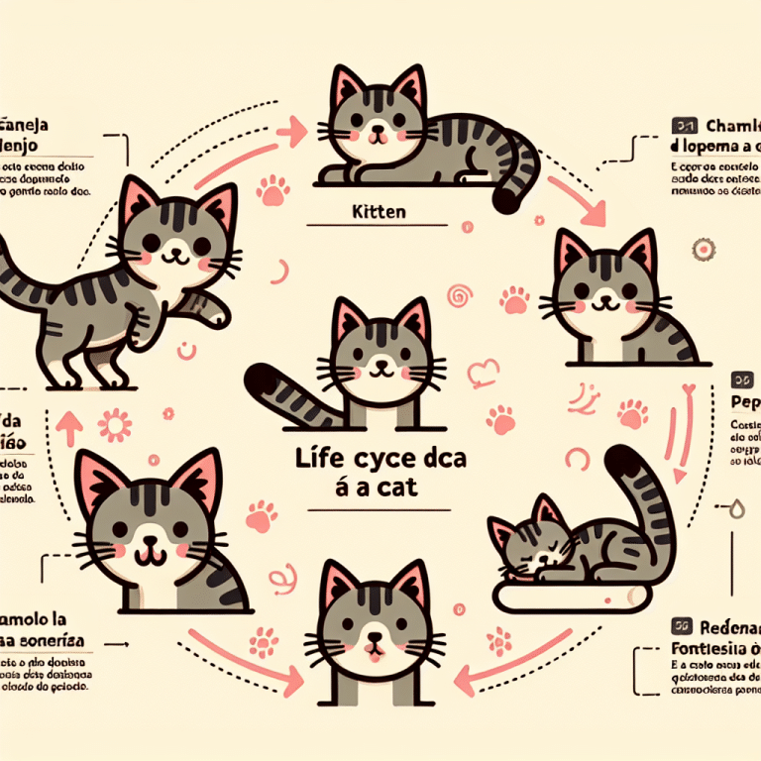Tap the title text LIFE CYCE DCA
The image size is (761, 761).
point(380,460)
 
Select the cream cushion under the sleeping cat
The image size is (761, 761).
point(570,595)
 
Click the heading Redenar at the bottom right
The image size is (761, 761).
point(727,625)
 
